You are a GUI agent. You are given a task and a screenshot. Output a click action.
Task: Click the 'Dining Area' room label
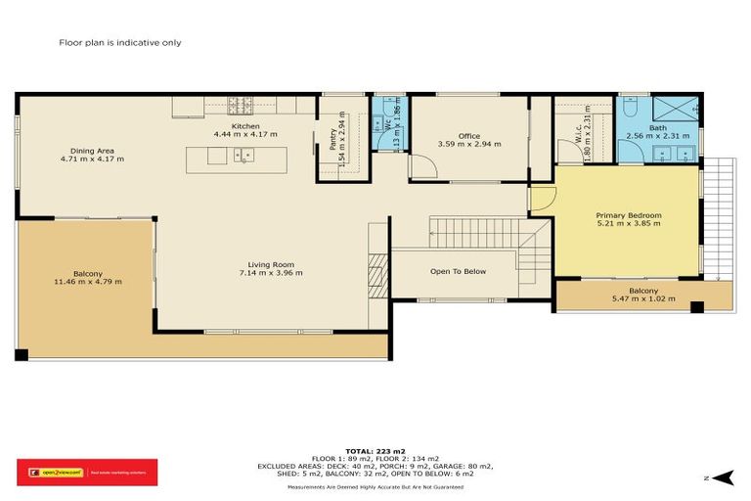point(92,150)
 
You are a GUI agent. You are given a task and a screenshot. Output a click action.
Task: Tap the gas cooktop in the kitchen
point(240,104)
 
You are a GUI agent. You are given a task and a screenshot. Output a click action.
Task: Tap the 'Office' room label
point(469,136)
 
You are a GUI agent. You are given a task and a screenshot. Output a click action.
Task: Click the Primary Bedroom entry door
point(543,197)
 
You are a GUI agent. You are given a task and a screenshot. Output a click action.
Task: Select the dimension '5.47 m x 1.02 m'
point(642,298)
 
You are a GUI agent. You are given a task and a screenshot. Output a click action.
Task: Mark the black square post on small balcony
point(696,307)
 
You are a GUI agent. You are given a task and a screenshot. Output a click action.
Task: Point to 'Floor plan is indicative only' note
point(120,43)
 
